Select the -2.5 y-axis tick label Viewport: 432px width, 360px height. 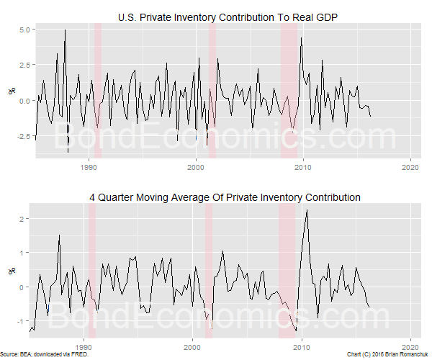(20, 136)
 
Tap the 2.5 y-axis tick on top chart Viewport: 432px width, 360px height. (22, 65)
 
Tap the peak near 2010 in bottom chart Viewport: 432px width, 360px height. (307, 210)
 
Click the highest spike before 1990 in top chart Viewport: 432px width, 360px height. (65, 30)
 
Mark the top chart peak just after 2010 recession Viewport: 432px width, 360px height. (301, 37)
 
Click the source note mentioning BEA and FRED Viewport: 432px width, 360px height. (32, 355)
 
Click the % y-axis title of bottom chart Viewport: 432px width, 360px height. (11, 271)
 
